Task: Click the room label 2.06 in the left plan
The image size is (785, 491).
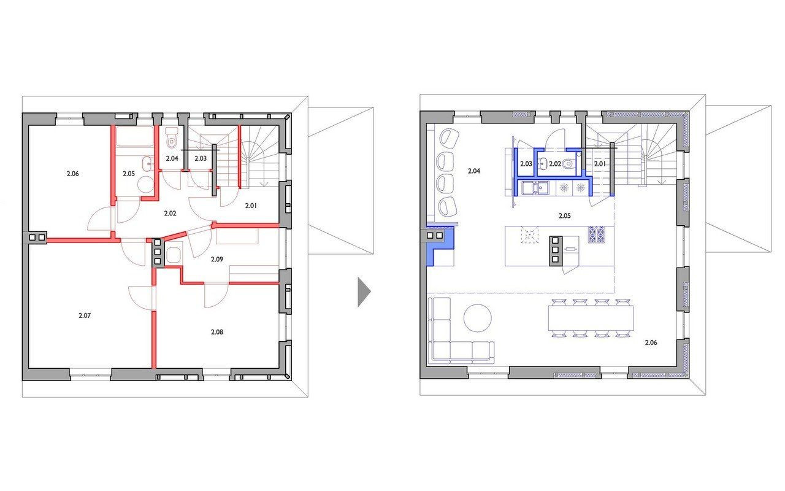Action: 72,174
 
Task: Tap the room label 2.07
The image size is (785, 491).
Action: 85,315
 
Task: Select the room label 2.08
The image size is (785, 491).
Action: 217,332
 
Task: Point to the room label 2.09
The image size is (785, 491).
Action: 217,260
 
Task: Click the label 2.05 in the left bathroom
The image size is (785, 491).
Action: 129,174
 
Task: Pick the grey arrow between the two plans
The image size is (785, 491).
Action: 364,292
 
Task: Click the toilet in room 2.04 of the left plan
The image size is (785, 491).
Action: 171,138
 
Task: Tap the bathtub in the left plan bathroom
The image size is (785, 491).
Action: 135,136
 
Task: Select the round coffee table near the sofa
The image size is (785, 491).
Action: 477,318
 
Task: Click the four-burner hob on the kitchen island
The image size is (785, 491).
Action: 596,234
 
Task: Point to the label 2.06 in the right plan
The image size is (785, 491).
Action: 651,342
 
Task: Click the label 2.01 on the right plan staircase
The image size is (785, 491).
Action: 600,164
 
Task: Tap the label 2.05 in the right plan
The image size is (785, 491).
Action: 565,216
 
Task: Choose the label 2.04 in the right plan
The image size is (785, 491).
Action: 474,171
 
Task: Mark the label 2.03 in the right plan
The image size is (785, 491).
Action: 526,164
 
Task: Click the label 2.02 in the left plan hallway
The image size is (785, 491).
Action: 170,213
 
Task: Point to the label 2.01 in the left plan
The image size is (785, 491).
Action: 251,206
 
